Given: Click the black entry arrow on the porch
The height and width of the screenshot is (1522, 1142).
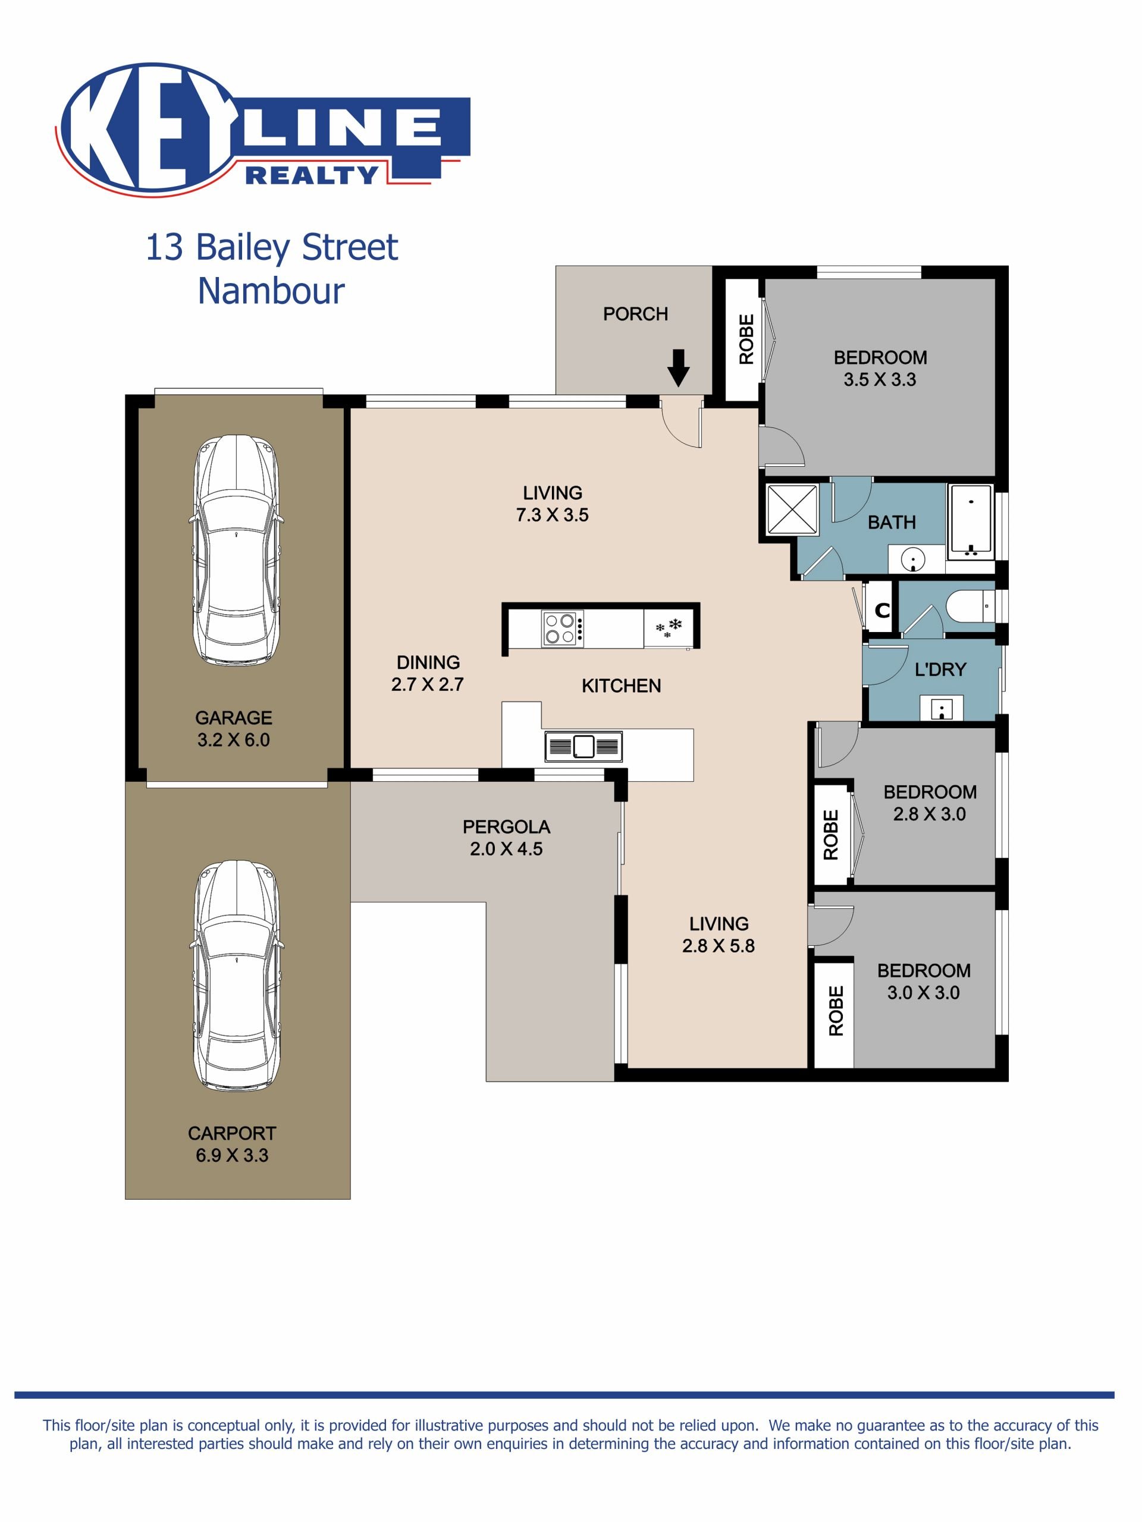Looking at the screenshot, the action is pyautogui.click(x=678, y=368).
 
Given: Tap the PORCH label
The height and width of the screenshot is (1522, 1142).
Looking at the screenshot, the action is pyautogui.click(x=635, y=315).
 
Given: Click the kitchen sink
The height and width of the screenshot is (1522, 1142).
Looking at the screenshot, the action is pyautogui.click(x=583, y=747).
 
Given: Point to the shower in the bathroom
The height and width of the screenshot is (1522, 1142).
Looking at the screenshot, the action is pyautogui.click(x=792, y=508).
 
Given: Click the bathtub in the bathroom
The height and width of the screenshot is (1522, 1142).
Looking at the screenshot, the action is pyautogui.click(x=971, y=521).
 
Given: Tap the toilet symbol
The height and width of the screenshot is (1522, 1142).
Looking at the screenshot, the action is pyautogui.click(x=970, y=607).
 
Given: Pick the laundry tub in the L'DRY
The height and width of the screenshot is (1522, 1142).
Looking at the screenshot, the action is pyautogui.click(x=941, y=708).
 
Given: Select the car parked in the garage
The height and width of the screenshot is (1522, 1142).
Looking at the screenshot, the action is pyautogui.click(x=236, y=551).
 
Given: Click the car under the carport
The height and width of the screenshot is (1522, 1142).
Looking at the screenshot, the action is pyautogui.click(x=236, y=975).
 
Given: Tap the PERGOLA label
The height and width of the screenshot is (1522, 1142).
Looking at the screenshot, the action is pyautogui.click(x=506, y=826).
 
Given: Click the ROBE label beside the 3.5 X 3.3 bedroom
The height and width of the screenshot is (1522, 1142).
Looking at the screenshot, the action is pyautogui.click(x=746, y=339).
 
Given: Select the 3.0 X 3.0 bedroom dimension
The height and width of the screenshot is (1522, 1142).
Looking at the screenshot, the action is pyautogui.click(x=923, y=993).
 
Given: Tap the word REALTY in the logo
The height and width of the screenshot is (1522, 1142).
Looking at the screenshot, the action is pyautogui.click(x=312, y=175).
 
